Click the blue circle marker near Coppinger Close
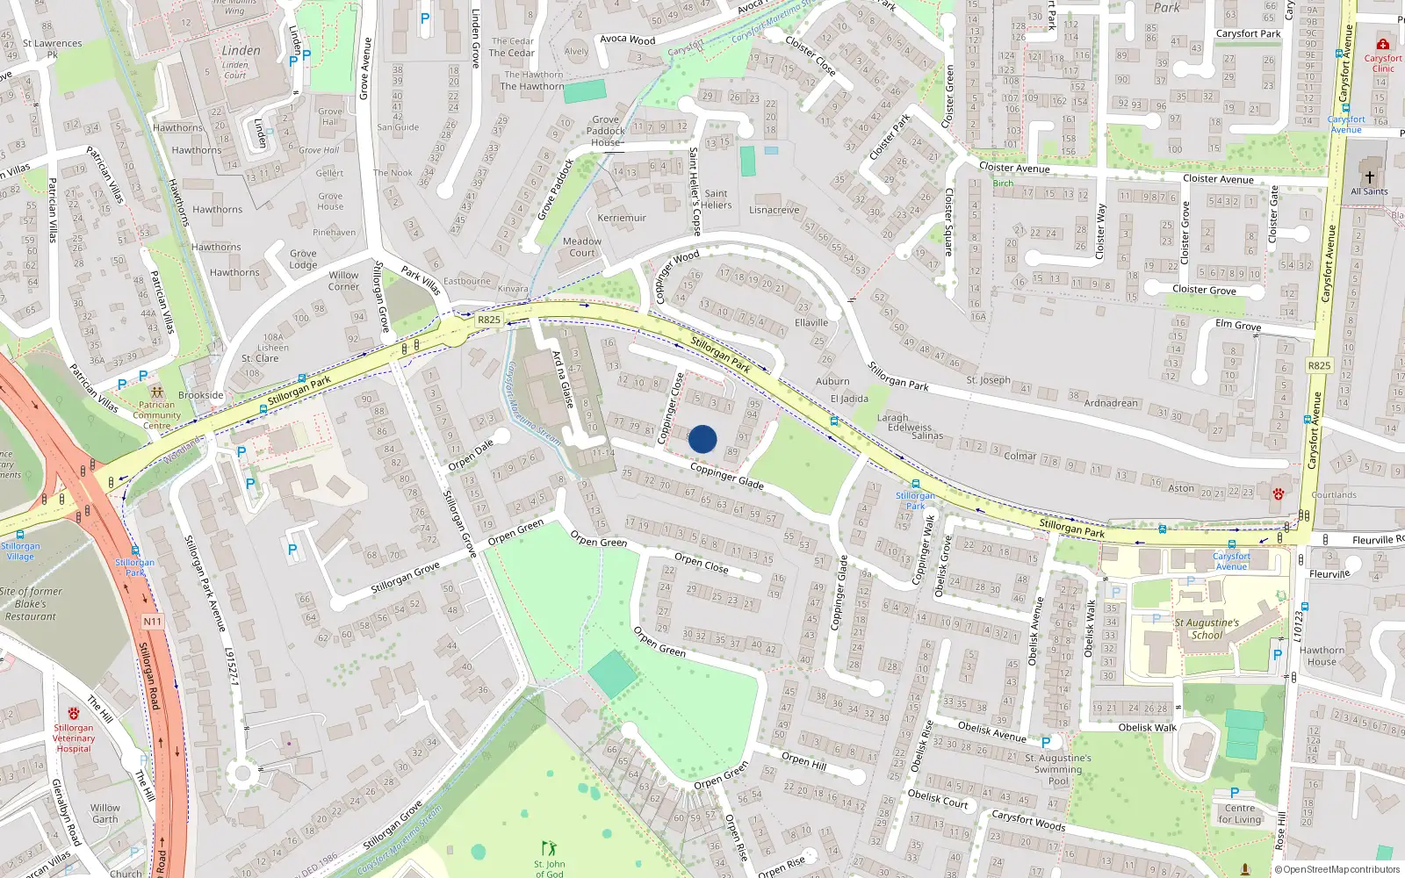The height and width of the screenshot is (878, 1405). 702,439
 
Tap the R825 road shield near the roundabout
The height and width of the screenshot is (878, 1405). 489,320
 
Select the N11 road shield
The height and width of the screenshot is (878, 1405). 152,622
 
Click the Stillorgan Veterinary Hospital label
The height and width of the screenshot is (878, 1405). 74,738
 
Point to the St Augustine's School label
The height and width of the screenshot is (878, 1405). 1207,629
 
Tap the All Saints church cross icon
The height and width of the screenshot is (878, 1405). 1369,176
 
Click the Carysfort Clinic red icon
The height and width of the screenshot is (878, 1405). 1383,44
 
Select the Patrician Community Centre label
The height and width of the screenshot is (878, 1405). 157,415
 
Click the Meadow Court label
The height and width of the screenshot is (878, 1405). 582,247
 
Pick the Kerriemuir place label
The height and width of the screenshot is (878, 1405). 622,218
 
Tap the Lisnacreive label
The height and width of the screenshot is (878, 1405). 775,211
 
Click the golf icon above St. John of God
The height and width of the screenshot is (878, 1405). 550,848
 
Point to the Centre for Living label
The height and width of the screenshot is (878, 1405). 1239,814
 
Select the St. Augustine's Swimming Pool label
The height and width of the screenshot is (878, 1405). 1058,769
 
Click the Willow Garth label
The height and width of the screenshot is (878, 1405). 105,813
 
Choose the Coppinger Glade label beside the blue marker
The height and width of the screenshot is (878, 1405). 726,477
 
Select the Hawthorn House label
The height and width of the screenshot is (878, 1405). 1322,656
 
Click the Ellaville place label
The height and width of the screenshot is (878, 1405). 811,323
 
